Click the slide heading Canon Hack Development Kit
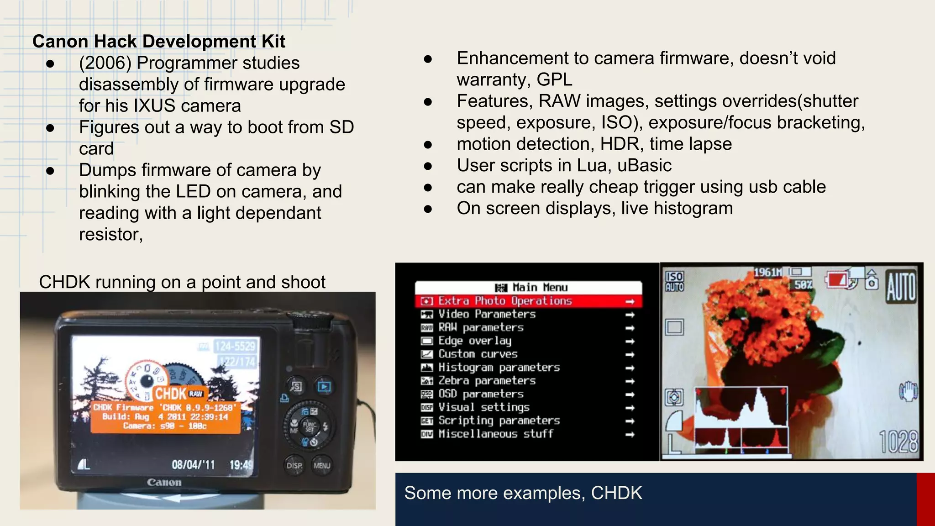coord(158,42)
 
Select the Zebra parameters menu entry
coord(487,381)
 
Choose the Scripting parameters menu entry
coord(499,421)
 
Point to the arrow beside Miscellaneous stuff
coord(630,435)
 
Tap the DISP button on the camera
coord(294,465)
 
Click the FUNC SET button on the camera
coord(309,426)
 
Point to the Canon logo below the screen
coord(164,482)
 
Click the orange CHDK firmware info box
coord(165,417)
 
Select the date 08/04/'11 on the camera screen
coord(193,465)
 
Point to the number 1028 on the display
coord(898,442)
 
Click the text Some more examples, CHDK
coord(523,493)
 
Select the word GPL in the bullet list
coord(554,79)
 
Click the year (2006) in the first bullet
coord(105,63)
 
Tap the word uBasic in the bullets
coord(644,165)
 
